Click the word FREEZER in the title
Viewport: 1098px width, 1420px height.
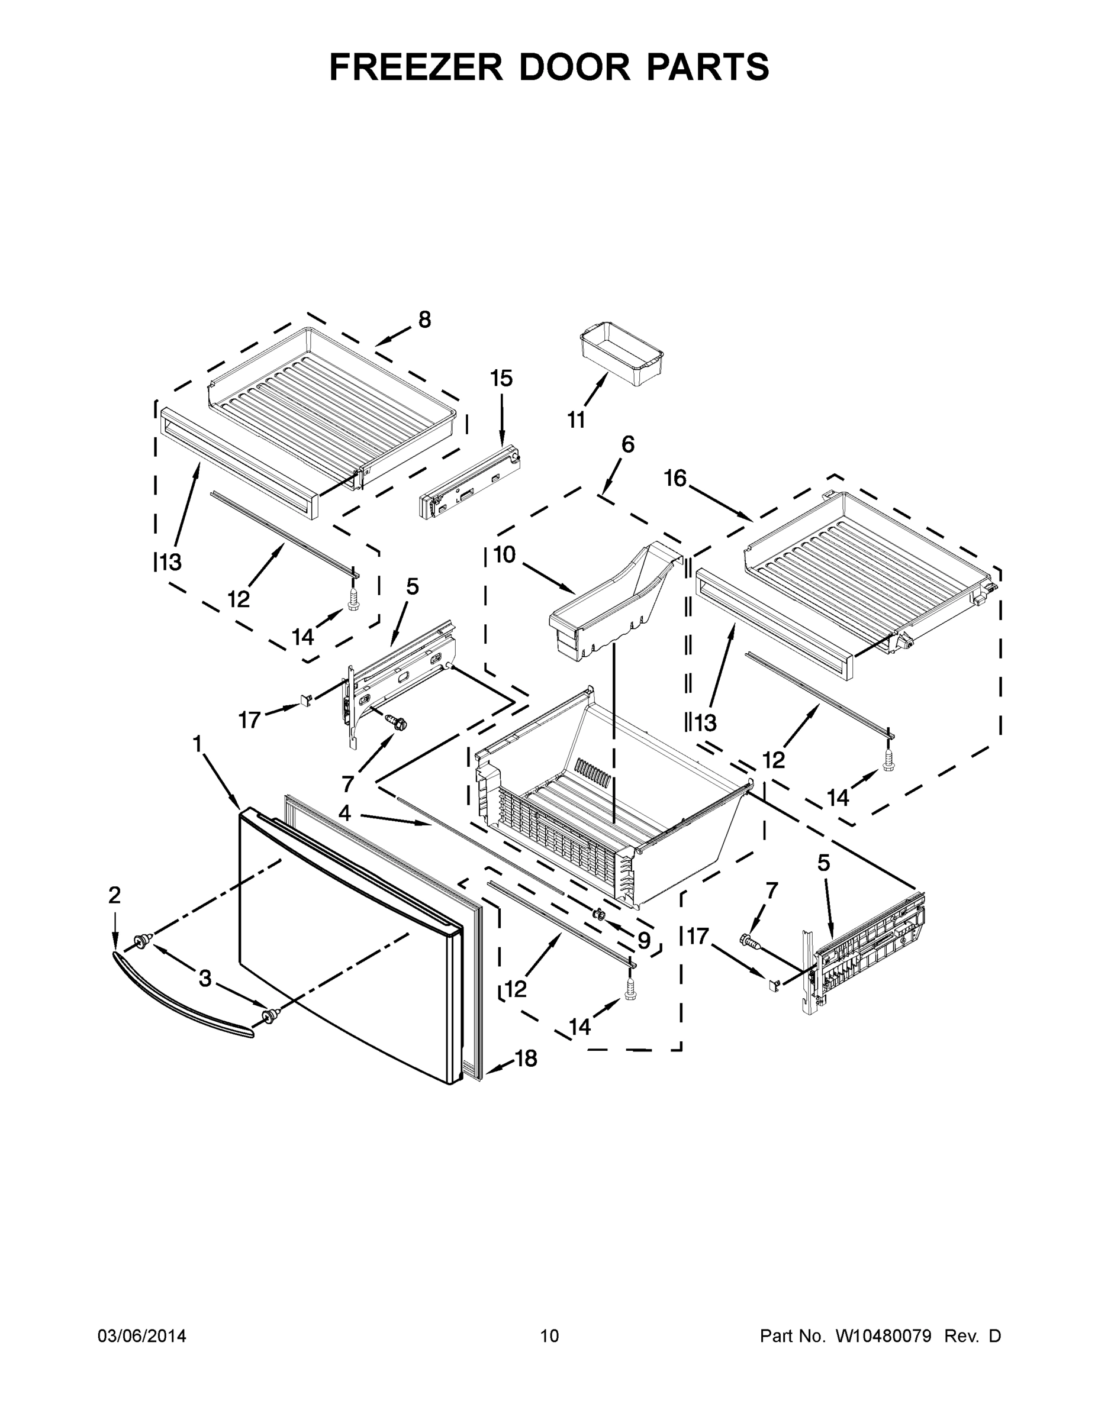(416, 67)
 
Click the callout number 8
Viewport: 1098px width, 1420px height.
(424, 319)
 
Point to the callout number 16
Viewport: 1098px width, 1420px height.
(675, 478)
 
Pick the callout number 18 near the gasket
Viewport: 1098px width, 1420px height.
(526, 1058)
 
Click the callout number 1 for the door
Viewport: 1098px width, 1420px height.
(197, 743)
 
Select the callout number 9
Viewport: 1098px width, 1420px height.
(643, 940)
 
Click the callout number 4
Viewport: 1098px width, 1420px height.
(344, 813)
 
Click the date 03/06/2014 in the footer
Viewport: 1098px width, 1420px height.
(142, 1335)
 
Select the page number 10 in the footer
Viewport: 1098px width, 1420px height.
(550, 1335)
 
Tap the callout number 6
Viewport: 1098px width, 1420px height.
(627, 444)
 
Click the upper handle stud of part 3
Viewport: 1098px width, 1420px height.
(140, 939)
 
